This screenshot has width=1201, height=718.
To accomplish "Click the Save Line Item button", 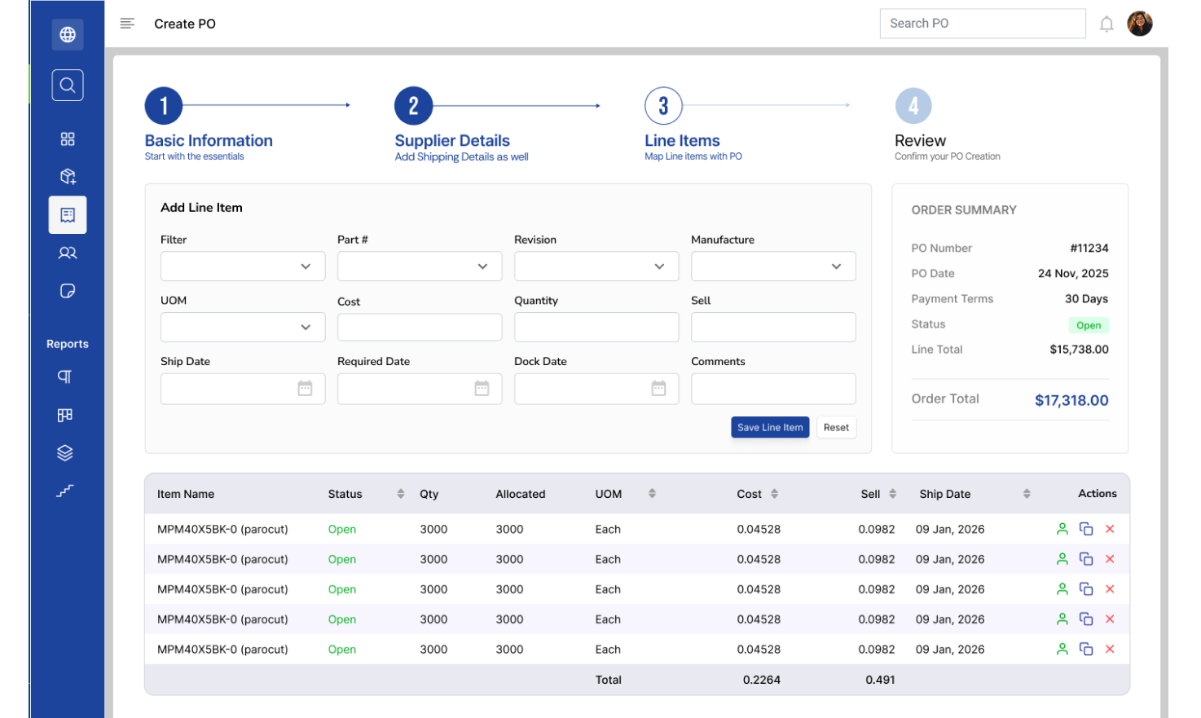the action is pos(770,427).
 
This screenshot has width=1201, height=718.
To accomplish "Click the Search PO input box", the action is pos(983,24).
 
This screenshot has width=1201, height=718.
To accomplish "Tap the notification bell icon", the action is pos(1106,24).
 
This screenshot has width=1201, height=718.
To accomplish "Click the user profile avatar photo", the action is pos(1140,24).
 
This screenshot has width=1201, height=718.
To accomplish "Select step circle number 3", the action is pos(663,106).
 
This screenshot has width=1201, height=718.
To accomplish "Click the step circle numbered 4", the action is pos(913,106).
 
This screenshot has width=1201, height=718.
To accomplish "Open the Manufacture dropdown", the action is pos(773,266).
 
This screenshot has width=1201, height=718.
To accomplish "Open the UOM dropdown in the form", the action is pos(242,327).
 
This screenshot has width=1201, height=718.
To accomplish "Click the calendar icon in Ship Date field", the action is pos(305,388).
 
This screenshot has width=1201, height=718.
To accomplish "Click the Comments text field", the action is pos(773,389).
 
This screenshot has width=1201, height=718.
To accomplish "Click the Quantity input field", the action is pos(596,327).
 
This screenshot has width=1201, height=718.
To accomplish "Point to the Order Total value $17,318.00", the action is pos(1071,400).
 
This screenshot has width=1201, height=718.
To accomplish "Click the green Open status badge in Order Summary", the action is pos(1089,325).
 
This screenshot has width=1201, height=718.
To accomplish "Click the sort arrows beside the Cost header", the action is pos(774,494).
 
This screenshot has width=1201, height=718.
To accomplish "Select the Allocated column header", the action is pos(520,494).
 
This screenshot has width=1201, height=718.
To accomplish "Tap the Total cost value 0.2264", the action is pos(761,680).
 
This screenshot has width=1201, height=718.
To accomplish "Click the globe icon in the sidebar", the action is pos(68,34).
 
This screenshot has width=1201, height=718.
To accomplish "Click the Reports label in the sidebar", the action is pos(68,344).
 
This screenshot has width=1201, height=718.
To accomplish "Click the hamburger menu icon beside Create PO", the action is pos(127,23).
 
